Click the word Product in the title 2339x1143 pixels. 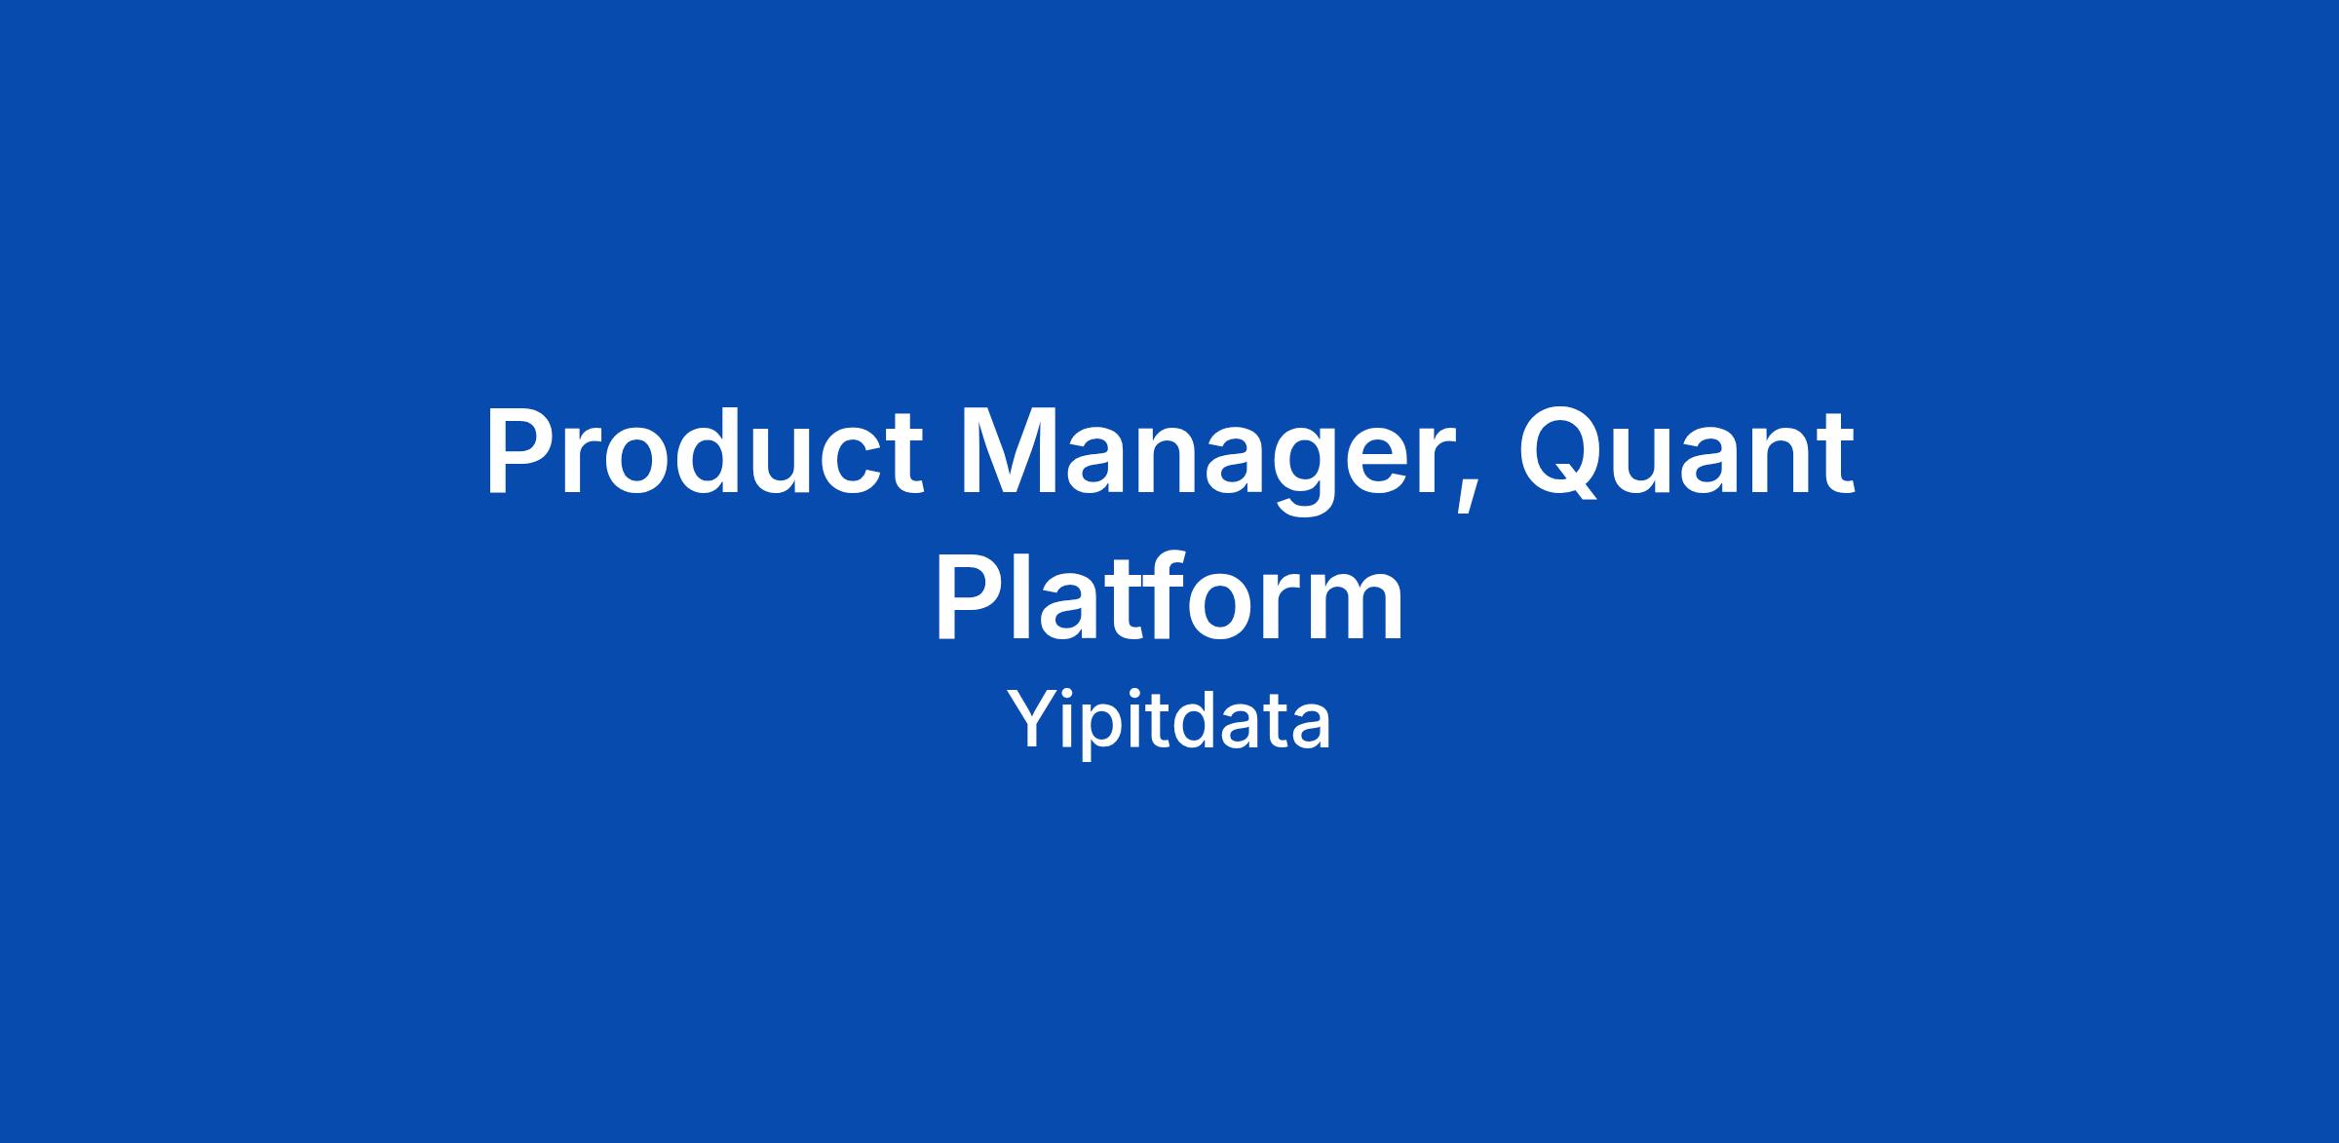click(703, 452)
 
